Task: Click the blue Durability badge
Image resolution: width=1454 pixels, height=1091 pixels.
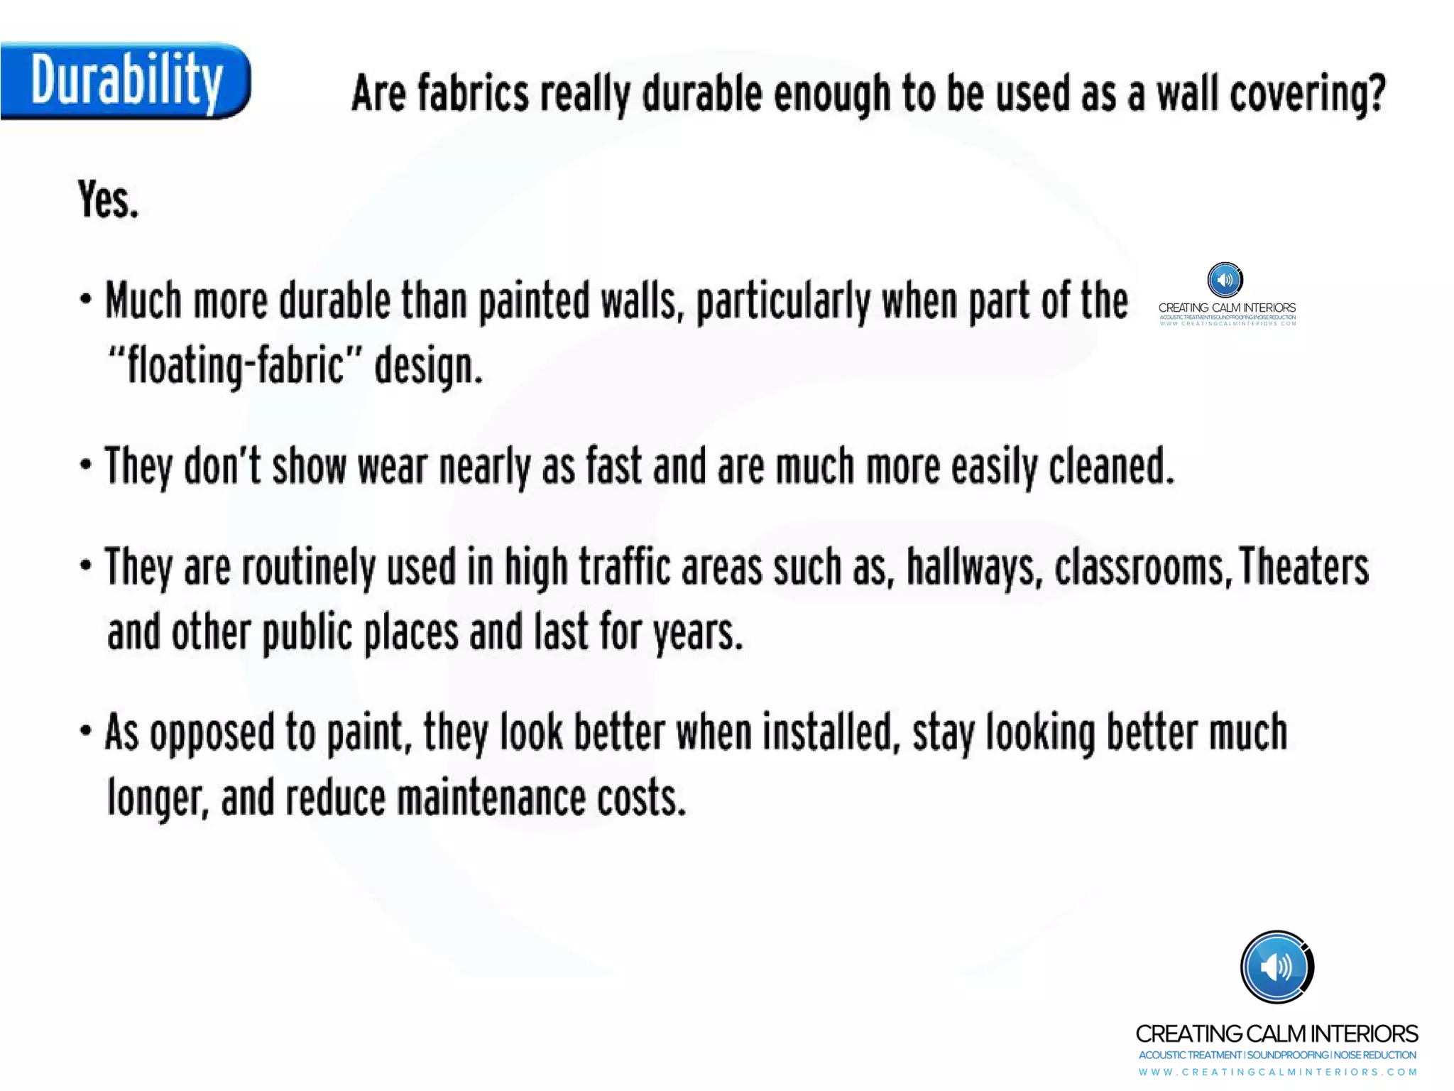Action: pos(125,81)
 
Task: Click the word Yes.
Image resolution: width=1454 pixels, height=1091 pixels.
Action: pos(108,200)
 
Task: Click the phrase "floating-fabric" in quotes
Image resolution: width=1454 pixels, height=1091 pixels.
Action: pos(226,367)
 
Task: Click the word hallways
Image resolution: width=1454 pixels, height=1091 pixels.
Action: pos(975,568)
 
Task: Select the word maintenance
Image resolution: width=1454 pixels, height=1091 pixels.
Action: pos(491,798)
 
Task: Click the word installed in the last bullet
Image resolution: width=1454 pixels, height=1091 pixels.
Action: pos(827,732)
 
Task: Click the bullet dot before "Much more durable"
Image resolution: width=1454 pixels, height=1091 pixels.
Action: pos(86,299)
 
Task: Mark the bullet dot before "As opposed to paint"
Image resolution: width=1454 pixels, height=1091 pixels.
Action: pos(86,730)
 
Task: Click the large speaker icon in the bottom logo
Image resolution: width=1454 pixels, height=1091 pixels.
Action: pos(1277,967)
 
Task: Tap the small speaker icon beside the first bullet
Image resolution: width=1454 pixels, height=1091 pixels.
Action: pos(1225,280)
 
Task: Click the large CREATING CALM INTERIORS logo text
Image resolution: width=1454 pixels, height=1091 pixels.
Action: pos(1277,1033)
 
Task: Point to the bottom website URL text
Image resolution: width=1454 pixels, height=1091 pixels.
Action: pos(1277,1072)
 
